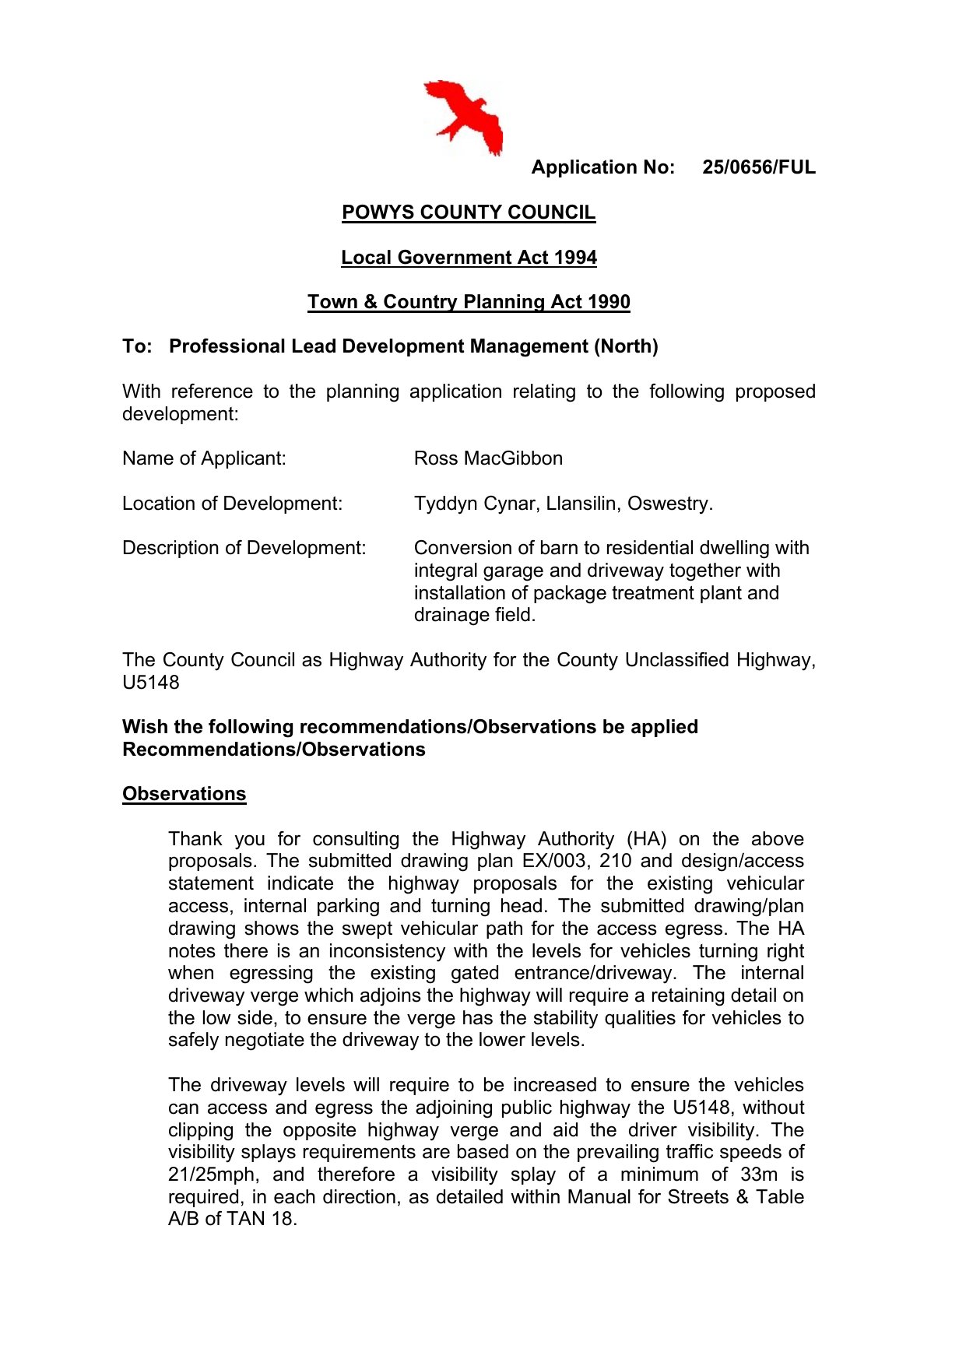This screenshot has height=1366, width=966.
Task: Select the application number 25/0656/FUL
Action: pyautogui.click(x=758, y=167)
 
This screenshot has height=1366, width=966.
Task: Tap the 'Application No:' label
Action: pyautogui.click(x=602, y=167)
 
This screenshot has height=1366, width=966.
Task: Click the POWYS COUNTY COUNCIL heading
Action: pyautogui.click(x=469, y=212)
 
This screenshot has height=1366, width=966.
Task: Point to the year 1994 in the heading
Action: pyautogui.click(x=576, y=258)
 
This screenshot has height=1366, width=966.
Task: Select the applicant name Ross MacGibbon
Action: pyautogui.click(x=488, y=458)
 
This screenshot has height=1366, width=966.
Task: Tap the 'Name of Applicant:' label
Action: pyautogui.click(x=204, y=458)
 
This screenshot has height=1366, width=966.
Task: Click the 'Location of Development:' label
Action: pyautogui.click(x=232, y=504)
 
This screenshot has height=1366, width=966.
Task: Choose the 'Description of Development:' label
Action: pyautogui.click(x=244, y=548)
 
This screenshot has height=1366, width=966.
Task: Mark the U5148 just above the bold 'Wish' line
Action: pyautogui.click(x=151, y=683)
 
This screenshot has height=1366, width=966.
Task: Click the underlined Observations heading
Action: pyautogui.click(x=184, y=794)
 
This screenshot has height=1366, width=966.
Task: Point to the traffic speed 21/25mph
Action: pyautogui.click(x=212, y=1175)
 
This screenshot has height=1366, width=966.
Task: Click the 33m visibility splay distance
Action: pyautogui.click(x=758, y=1175)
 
